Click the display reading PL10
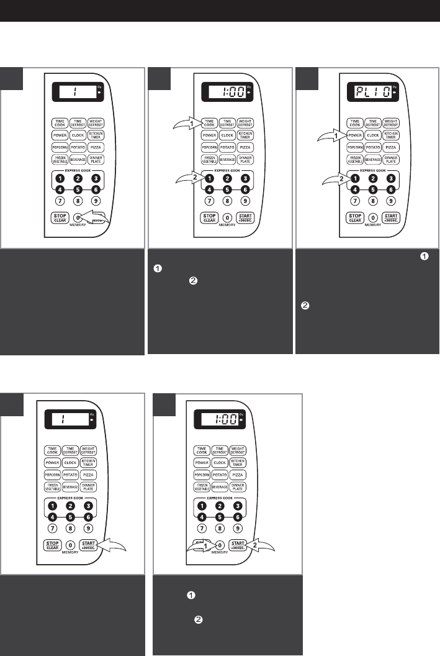pyautogui.click(x=372, y=96)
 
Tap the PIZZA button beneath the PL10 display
pyautogui.click(x=391, y=147)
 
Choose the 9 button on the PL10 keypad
pyautogui.click(x=391, y=201)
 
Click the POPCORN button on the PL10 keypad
pyautogui.click(x=355, y=147)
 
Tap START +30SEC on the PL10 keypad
pyautogui.click(x=391, y=217)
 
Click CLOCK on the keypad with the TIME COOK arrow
pyautogui.click(x=227, y=134)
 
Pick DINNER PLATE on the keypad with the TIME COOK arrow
pyautogui.click(x=245, y=160)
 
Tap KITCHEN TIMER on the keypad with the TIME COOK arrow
pyautogui.click(x=245, y=134)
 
